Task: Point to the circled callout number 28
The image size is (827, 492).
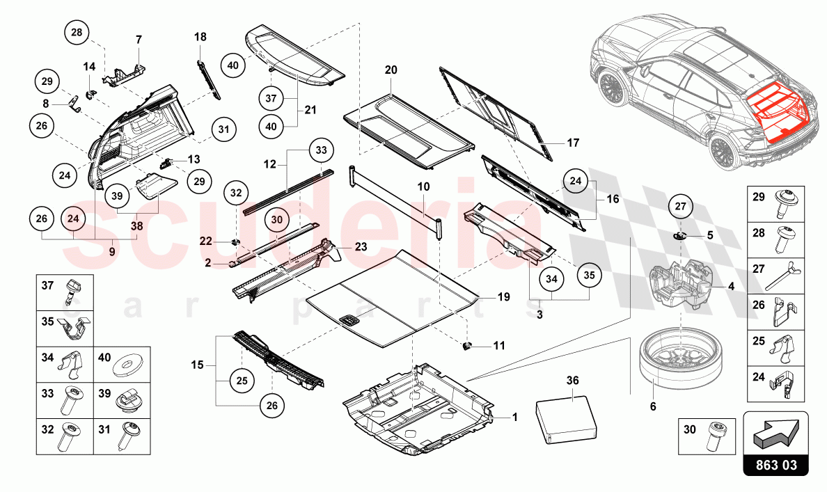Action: tap(78, 33)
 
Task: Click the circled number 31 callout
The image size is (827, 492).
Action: tap(223, 129)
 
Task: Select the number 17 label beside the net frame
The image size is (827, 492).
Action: tap(572, 143)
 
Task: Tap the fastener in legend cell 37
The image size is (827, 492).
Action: tap(72, 290)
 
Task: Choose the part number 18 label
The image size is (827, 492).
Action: tap(200, 36)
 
